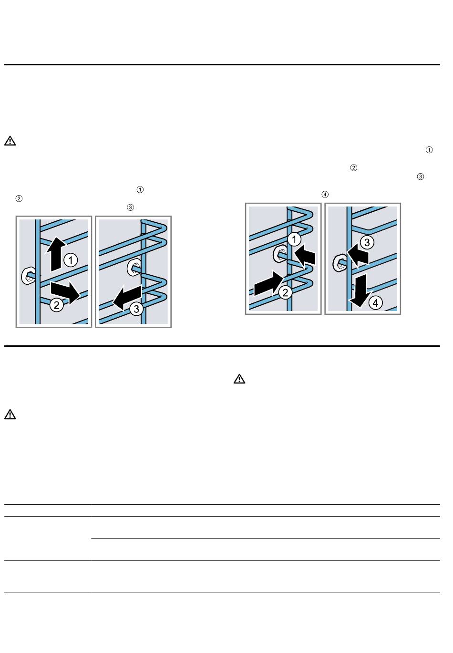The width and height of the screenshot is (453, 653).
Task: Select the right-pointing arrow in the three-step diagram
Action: pos(65,292)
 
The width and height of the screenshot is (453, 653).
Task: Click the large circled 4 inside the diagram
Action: pos(375,303)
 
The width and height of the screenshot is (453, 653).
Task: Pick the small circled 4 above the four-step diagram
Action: pos(325,194)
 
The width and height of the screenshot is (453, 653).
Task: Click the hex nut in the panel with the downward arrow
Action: pos(340,262)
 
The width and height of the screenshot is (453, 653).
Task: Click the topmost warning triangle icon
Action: pos(10,141)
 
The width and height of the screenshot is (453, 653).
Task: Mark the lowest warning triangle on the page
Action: pos(10,414)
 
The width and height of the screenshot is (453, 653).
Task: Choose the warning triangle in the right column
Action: pos(239,379)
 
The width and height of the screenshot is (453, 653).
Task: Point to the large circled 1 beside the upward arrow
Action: pos(71,260)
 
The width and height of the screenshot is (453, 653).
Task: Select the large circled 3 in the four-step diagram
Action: pos(367,242)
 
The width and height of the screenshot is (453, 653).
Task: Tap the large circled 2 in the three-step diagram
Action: pos(57,305)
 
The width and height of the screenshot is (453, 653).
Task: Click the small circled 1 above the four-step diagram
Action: pos(429,150)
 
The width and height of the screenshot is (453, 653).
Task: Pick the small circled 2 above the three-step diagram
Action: pos(19,199)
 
